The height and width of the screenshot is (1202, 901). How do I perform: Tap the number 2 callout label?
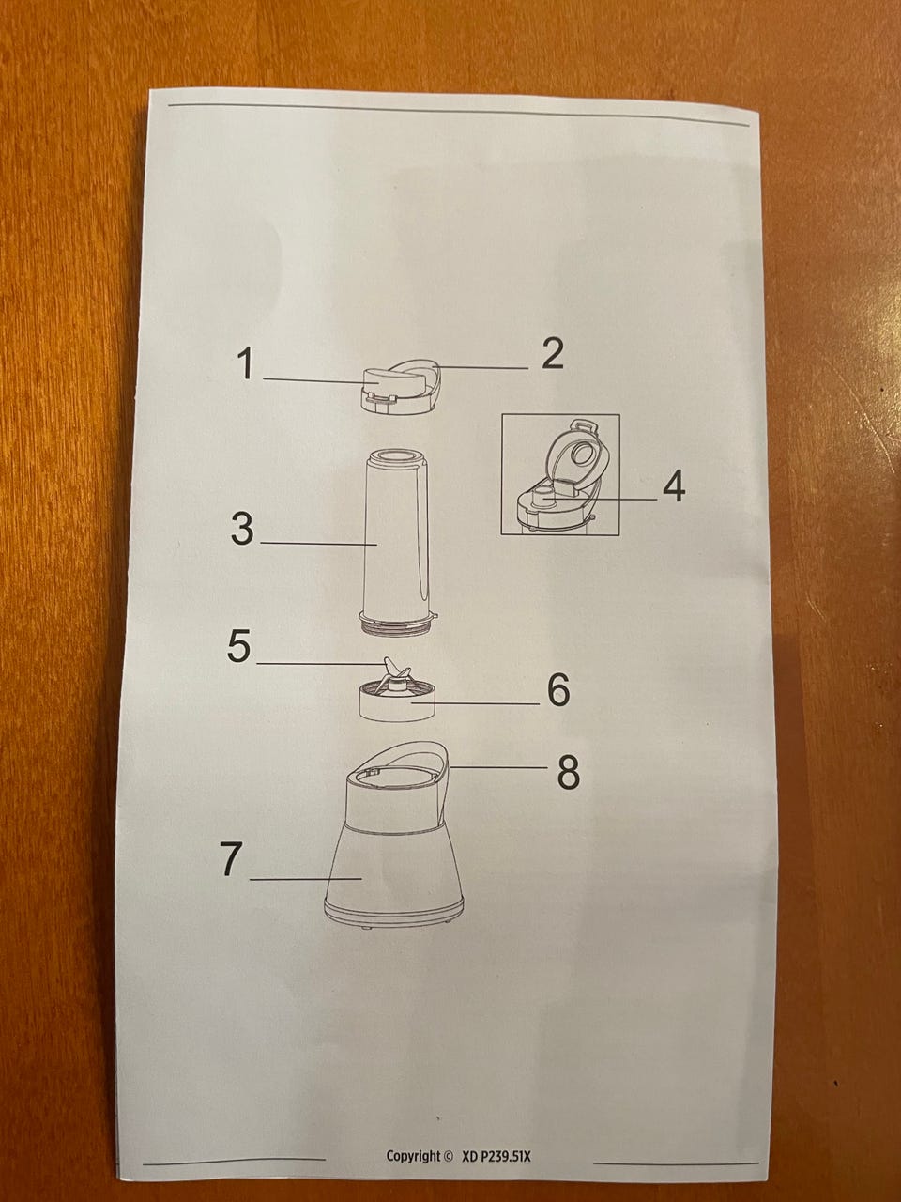click(553, 354)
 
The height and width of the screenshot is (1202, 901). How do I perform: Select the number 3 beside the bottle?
click(242, 529)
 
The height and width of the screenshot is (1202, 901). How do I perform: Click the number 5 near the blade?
click(239, 647)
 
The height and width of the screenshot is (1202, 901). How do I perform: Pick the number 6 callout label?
click(559, 690)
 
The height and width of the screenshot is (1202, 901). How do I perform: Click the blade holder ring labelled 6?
click(397, 700)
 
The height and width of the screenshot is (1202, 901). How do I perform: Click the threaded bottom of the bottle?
click(398, 624)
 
